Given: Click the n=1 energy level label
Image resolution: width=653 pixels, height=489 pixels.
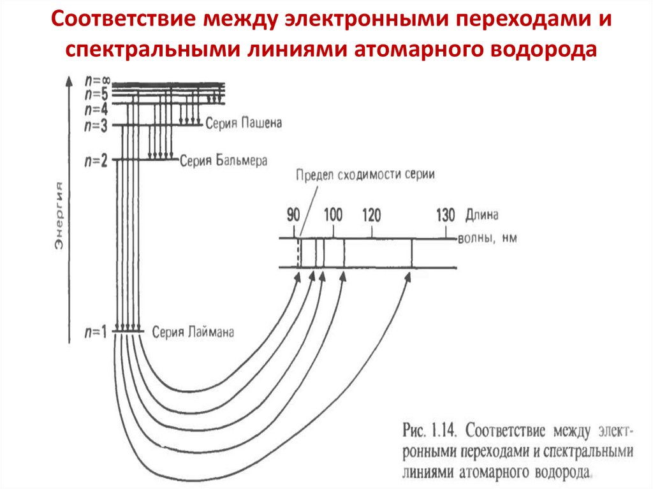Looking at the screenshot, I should coord(96,332).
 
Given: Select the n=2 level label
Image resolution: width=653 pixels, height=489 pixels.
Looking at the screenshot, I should coord(96,161).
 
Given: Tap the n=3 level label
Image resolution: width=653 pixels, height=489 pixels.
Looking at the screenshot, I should coord(96,126).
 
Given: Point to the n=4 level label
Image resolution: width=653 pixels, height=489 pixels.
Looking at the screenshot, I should coord(96,106).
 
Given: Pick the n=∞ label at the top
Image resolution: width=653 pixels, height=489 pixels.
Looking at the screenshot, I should coord(98,82).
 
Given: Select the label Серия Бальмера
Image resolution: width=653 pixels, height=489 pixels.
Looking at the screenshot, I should coord(223,159).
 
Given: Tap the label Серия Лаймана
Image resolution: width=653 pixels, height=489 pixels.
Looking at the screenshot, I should coord(193,332).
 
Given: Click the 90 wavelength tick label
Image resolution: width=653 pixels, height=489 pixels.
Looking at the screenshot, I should coord(293,215).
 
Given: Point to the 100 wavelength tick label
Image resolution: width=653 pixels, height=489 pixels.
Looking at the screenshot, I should coord(333,215).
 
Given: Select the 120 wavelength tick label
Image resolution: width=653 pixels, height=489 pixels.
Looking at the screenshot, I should coord(372,215).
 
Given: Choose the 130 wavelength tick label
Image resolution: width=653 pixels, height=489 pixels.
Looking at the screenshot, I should coord(445,215).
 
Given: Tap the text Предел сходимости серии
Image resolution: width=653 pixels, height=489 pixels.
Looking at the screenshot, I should coord(364,176).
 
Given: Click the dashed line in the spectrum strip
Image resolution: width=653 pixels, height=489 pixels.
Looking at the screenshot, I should coord(298,253).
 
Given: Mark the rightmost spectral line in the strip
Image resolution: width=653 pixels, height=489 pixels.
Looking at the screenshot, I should coord(411,253).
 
